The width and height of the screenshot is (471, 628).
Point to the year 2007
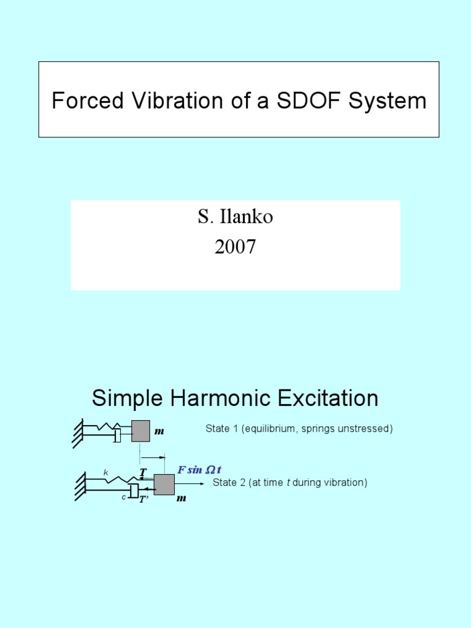pos(235,247)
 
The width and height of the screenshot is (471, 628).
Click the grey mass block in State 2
pos(164,484)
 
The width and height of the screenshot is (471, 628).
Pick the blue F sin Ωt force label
pos(199,470)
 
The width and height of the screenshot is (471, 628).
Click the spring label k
pos(105,473)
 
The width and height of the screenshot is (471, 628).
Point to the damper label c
pos(123,497)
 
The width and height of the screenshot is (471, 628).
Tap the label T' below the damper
pos(144,500)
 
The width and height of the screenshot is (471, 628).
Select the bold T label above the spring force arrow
pos(143,472)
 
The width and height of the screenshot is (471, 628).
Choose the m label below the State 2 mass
pos(181,499)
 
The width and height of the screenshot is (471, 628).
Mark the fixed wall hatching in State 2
pos(80,484)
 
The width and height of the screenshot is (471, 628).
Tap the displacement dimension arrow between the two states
pos(153,457)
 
